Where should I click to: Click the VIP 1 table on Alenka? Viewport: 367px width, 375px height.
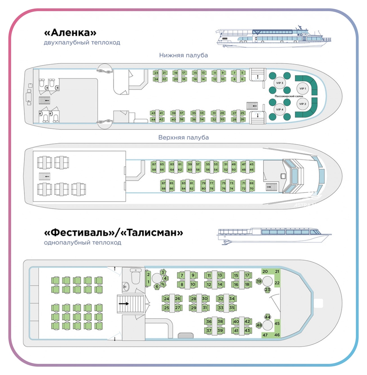coord(302,89)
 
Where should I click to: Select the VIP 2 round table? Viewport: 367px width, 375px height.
coord(302,104)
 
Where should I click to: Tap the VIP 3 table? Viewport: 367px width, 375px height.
coord(279,83)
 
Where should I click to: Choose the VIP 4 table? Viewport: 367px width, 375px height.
coord(279,109)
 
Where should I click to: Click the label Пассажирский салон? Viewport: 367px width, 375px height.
coord(289,96)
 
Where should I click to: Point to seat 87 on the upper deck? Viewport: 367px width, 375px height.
coord(163,183)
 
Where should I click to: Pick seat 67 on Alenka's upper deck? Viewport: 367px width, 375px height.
coord(154,164)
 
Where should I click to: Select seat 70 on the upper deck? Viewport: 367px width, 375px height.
coord(252,188)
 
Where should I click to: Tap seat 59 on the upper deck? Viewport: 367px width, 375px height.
coord(190,164)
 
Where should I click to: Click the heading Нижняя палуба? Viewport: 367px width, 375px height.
coord(183,55)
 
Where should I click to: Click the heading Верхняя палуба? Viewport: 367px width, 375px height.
coord(183,137)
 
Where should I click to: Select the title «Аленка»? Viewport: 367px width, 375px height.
coord(70,33)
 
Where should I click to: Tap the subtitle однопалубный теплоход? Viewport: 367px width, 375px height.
coord(83,242)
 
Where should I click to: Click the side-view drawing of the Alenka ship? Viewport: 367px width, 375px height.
coord(274,37)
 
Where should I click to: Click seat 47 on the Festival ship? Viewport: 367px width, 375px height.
coord(265,335)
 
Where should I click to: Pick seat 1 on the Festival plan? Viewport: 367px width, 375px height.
coord(148,282)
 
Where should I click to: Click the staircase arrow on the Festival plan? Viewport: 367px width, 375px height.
coord(124,303)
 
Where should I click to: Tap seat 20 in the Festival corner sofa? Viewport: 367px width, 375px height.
coord(265,271)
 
